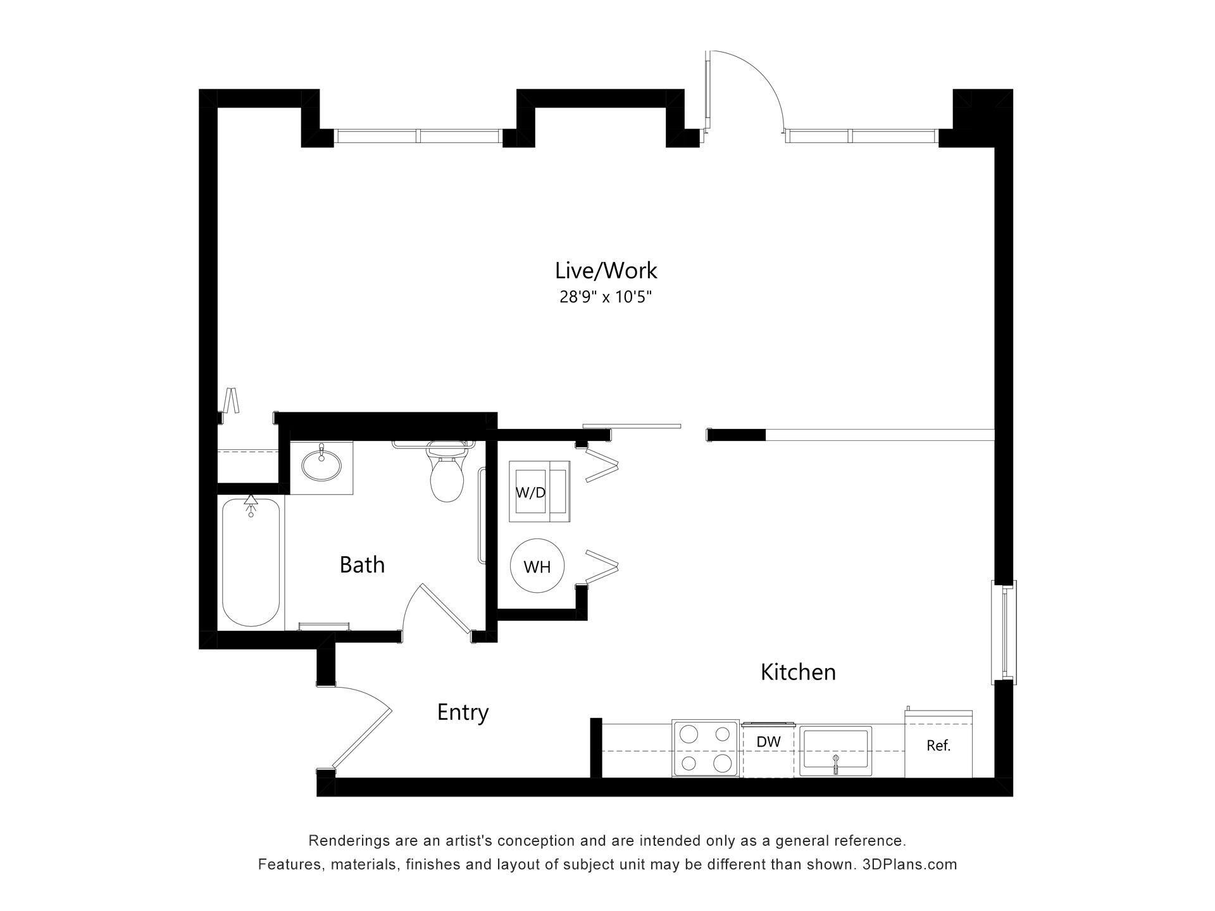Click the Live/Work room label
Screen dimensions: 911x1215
[x=606, y=271]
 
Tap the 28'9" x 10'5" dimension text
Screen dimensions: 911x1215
[x=606, y=297]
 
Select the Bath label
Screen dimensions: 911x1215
[x=362, y=564]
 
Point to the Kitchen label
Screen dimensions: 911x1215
[x=798, y=672]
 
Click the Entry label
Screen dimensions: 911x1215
[x=463, y=712]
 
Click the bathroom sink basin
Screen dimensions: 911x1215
[x=321, y=466]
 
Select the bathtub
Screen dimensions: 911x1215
[x=251, y=562]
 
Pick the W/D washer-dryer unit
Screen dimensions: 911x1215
[x=539, y=492]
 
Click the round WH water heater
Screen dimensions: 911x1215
[x=537, y=566]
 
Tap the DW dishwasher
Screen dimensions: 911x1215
[x=768, y=750]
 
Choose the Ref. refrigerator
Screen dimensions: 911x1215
[x=938, y=745]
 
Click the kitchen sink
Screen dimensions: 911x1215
[x=835, y=751]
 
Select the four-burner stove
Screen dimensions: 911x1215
[x=706, y=748]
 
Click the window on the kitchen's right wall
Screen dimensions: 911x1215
[x=1004, y=632]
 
